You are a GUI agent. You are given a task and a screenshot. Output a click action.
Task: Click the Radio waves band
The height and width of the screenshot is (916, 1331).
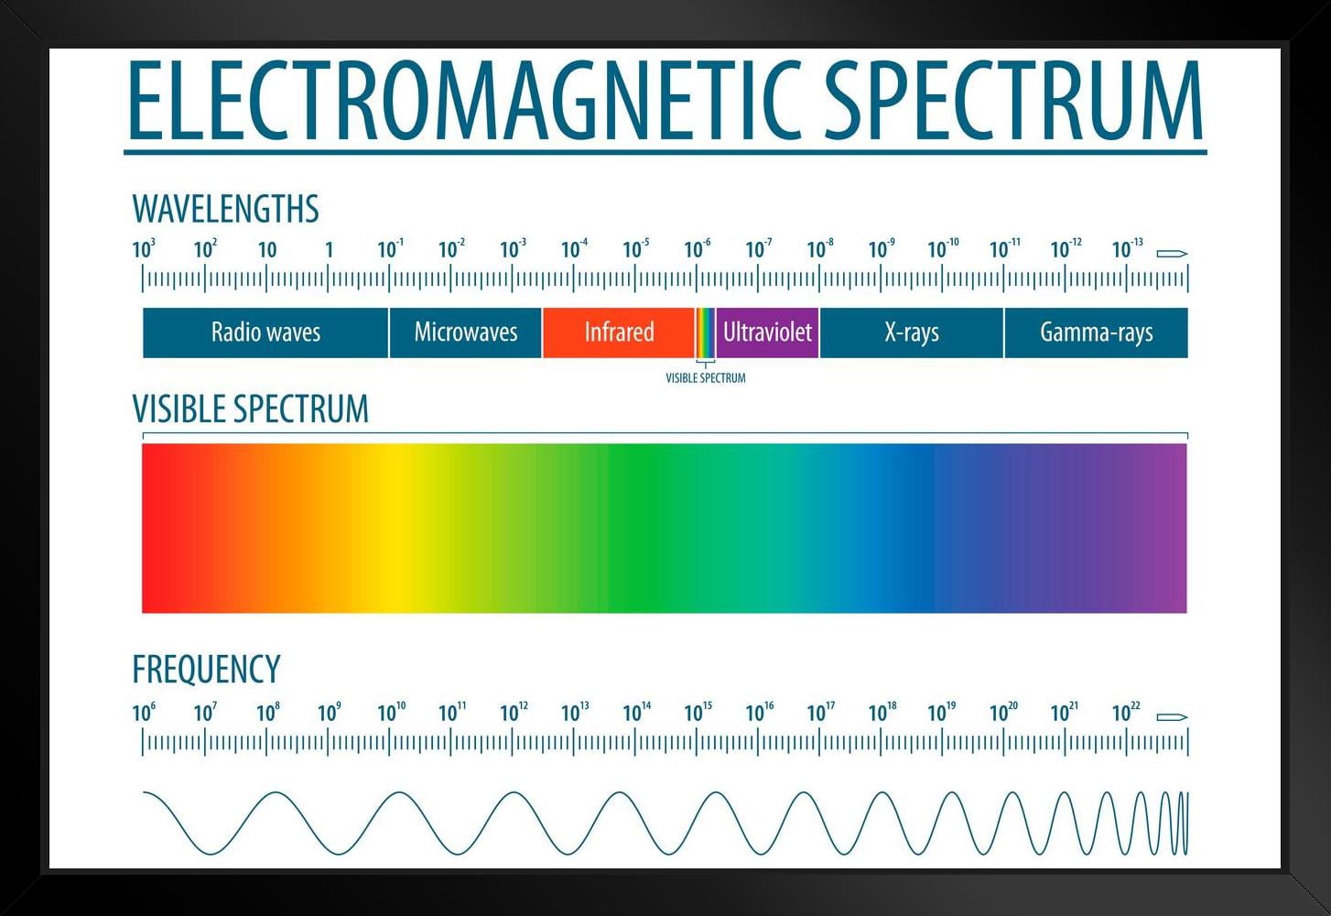265,332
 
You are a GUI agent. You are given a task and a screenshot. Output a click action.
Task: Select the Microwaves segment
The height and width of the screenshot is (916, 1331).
465,332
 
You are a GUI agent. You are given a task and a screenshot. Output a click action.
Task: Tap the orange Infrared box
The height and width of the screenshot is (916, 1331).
619,332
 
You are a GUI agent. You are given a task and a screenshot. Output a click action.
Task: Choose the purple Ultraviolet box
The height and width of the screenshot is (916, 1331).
767,332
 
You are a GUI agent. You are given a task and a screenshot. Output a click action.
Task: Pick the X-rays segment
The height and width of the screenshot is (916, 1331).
912,332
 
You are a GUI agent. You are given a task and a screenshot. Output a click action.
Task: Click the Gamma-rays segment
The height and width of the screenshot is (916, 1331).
1096,332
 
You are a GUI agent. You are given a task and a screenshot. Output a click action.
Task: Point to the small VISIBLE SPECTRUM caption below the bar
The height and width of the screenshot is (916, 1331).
705,377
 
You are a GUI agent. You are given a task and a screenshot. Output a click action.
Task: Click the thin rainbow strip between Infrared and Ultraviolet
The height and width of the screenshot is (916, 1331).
705,332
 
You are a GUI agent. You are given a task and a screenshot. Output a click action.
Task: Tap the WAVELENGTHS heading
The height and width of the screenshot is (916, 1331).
225,209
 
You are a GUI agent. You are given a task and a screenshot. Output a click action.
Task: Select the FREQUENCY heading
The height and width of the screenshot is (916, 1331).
206,670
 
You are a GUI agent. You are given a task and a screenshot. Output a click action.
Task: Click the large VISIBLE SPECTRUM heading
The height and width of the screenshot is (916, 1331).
250,409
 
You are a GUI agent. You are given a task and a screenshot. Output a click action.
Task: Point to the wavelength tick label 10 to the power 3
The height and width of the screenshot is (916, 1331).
144,249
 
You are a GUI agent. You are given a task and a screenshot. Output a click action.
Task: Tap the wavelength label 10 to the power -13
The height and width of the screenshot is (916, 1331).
1127,249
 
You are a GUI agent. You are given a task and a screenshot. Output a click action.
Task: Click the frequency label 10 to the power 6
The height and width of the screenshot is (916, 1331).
144,713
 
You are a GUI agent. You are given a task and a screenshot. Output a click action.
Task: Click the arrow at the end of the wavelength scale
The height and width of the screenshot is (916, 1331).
1172,253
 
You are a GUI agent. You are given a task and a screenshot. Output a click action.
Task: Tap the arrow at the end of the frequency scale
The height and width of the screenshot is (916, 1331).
1172,716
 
